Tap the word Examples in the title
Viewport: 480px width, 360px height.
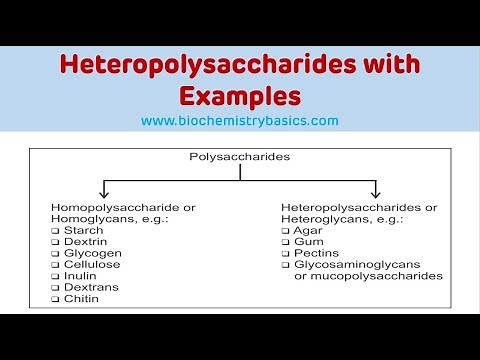pyautogui.click(x=240, y=97)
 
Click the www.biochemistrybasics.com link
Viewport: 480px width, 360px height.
pyautogui.click(x=239, y=121)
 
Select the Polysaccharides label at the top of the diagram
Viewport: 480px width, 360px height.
pyautogui.click(x=240, y=156)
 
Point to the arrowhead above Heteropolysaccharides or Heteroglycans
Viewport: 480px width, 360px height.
pyautogui.click(x=375, y=193)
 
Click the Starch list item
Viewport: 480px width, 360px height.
pyautogui.click(x=83, y=230)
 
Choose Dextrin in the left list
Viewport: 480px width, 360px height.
pyautogui.click(x=84, y=241)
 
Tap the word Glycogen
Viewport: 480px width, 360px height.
pyautogui.click(x=90, y=253)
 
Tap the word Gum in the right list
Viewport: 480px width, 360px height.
pyautogui.click(x=307, y=241)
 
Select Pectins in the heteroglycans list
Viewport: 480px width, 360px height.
pyautogui.click(x=314, y=253)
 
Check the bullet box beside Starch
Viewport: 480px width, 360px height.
pyautogui.click(x=55, y=230)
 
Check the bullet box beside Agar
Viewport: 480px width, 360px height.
pyautogui.click(x=286, y=230)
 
